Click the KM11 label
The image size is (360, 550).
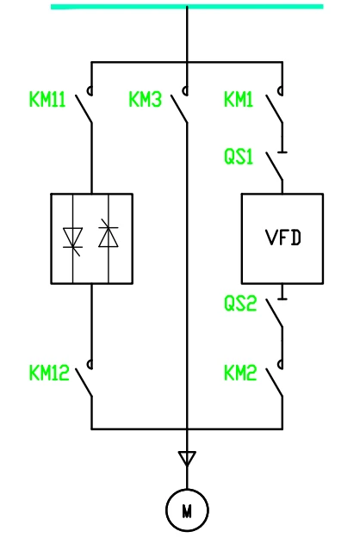[47, 100]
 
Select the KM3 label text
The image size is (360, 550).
[146, 100]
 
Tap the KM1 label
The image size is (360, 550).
[239, 100]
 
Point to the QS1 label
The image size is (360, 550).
[239, 157]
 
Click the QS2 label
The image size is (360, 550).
[240, 304]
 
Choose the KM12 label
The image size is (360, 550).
[49, 373]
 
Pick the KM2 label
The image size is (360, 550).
[240, 373]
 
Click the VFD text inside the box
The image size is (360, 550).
[283, 238]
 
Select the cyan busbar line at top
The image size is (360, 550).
[187, 7]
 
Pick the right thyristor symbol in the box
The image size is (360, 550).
[109, 234]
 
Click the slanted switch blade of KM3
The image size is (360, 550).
[179, 108]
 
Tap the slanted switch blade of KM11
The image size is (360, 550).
[84, 108]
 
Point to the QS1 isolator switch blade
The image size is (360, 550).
[275, 166]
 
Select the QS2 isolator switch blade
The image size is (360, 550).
[275, 313]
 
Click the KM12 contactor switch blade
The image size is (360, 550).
[84, 383]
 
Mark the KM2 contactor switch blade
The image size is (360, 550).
[275, 383]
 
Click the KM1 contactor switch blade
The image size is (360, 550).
[275, 108]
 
